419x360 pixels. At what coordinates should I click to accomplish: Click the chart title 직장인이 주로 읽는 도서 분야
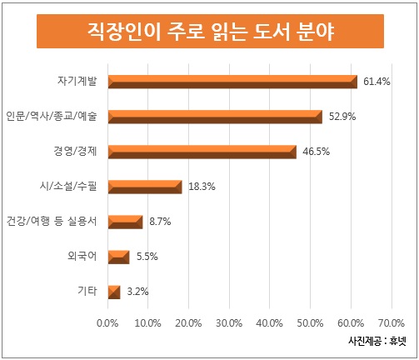(x=209, y=33)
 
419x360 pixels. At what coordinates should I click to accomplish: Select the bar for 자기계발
(x=232, y=82)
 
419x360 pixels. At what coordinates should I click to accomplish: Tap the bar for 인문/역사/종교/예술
(x=215, y=117)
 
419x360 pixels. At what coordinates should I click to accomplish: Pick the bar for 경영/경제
(x=202, y=152)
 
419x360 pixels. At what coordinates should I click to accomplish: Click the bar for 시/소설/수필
(x=144, y=187)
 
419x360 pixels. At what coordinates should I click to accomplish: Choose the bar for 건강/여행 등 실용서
(x=125, y=222)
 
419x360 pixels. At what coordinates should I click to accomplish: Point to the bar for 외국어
(x=118, y=257)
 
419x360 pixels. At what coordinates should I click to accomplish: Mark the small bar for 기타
(x=113, y=292)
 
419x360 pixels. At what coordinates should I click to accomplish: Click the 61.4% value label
(x=377, y=82)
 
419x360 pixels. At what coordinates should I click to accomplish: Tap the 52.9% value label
(x=342, y=117)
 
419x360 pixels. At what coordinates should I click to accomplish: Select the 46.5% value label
(x=316, y=152)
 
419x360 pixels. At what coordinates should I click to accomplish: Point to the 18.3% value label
(x=202, y=187)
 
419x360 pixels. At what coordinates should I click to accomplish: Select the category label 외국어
(x=82, y=257)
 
